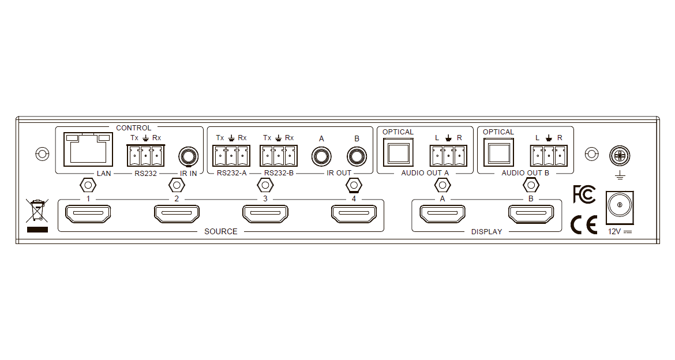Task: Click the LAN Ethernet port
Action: pyautogui.click(x=88, y=149)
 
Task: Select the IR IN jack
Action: pyautogui.click(x=188, y=156)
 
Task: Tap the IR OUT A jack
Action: pyautogui.click(x=321, y=156)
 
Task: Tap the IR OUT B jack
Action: pyautogui.click(x=357, y=156)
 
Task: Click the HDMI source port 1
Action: pyautogui.click(x=88, y=214)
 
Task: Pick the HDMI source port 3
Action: pyautogui.click(x=265, y=214)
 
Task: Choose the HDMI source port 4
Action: pyautogui.click(x=354, y=214)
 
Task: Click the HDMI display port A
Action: pyautogui.click(x=442, y=214)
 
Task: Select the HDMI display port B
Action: pyautogui.click(x=531, y=214)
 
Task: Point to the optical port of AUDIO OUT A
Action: pyautogui.click(x=398, y=152)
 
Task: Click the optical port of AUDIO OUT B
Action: pyautogui.click(x=498, y=152)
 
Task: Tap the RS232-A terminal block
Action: pyautogui.click(x=231, y=156)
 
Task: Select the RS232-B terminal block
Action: pyautogui.click(x=279, y=156)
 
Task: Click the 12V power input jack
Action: pyautogui.click(x=620, y=207)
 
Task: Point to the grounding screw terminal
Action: pyautogui.click(x=620, y=156)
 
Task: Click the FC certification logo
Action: pyautogui.click(x=584, y=194)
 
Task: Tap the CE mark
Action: pyautogui.click(x=584, y=224)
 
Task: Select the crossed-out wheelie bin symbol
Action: pyautogui.click(x=37, y=210)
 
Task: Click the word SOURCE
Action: pyautogui.click(x=221, y=232)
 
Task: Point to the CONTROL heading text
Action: pyautogui.click(x=134, y=128)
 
